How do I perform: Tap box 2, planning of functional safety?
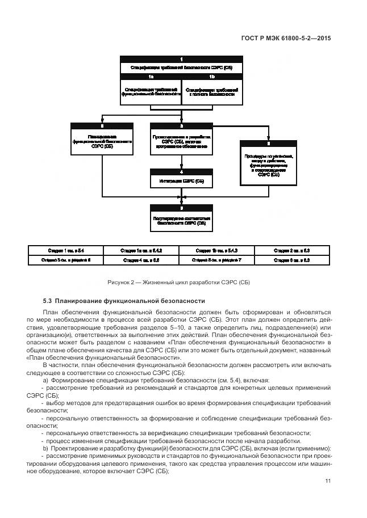point(102,140)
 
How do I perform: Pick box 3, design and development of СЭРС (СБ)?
point(181,140)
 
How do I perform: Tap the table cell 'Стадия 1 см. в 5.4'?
point(66,250)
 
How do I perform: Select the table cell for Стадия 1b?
point(216,250)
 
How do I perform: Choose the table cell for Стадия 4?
point(141,260)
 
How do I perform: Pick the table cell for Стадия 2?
point(291,250)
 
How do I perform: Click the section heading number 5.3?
point(48,301)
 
